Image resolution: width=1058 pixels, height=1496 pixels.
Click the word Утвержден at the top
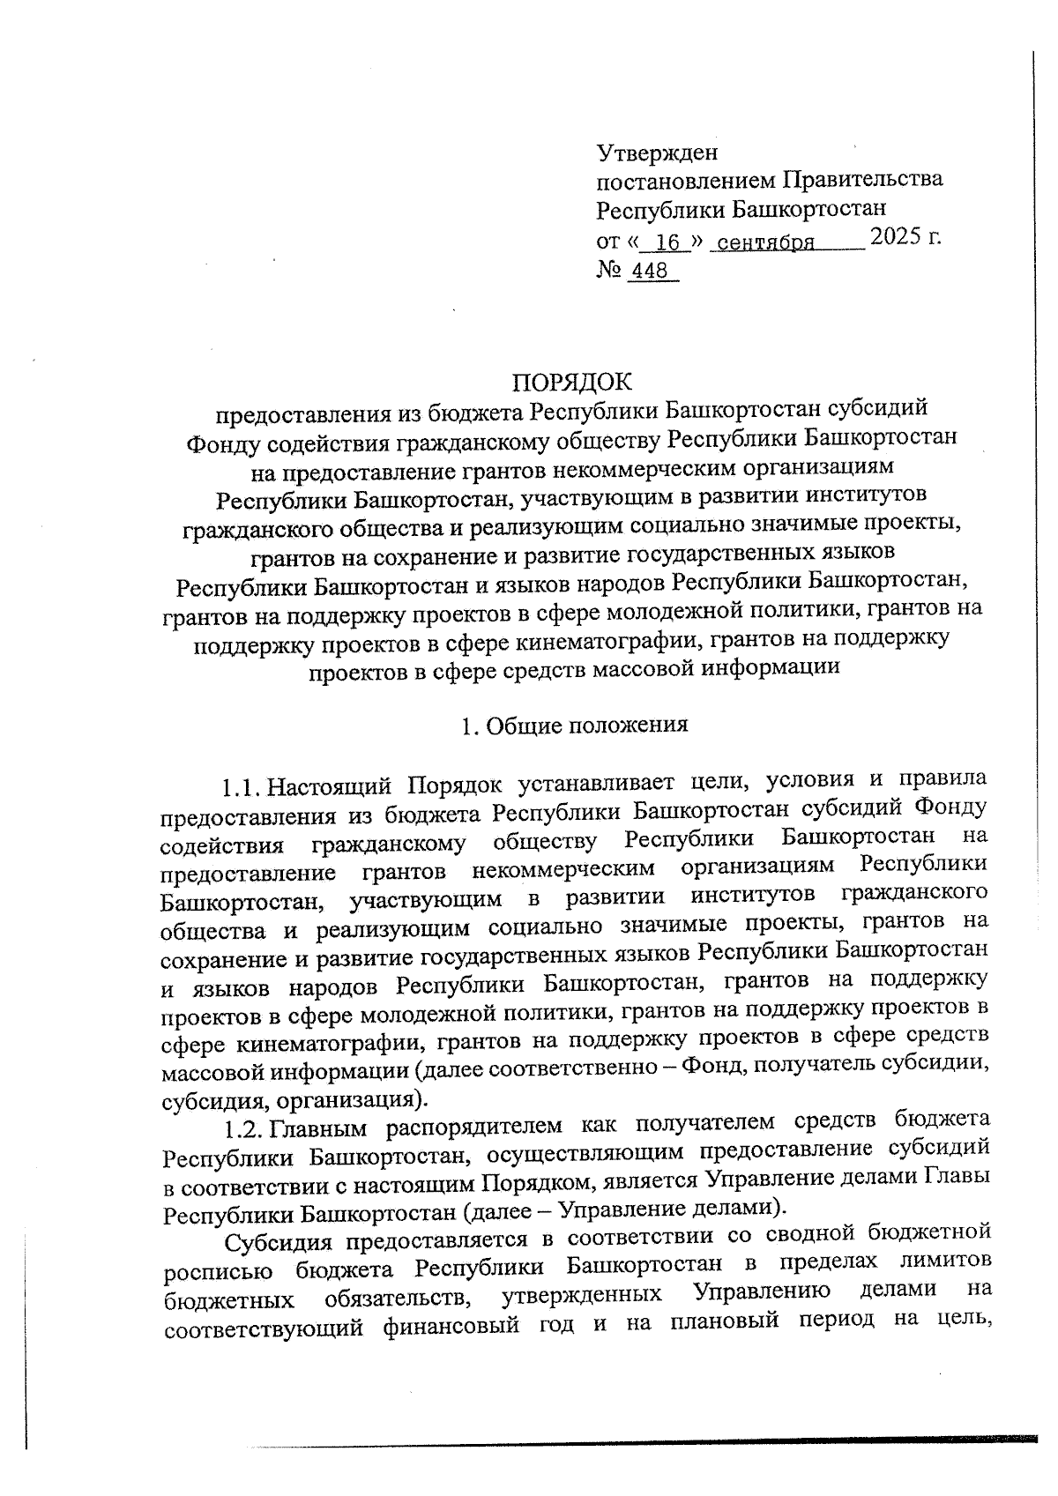(x=657, y=153)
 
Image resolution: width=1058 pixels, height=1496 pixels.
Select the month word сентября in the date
(x=764, y=242)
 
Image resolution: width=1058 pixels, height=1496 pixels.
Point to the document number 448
(x=651, y=271)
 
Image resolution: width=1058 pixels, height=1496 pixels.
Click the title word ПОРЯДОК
(x=572, y=383)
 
